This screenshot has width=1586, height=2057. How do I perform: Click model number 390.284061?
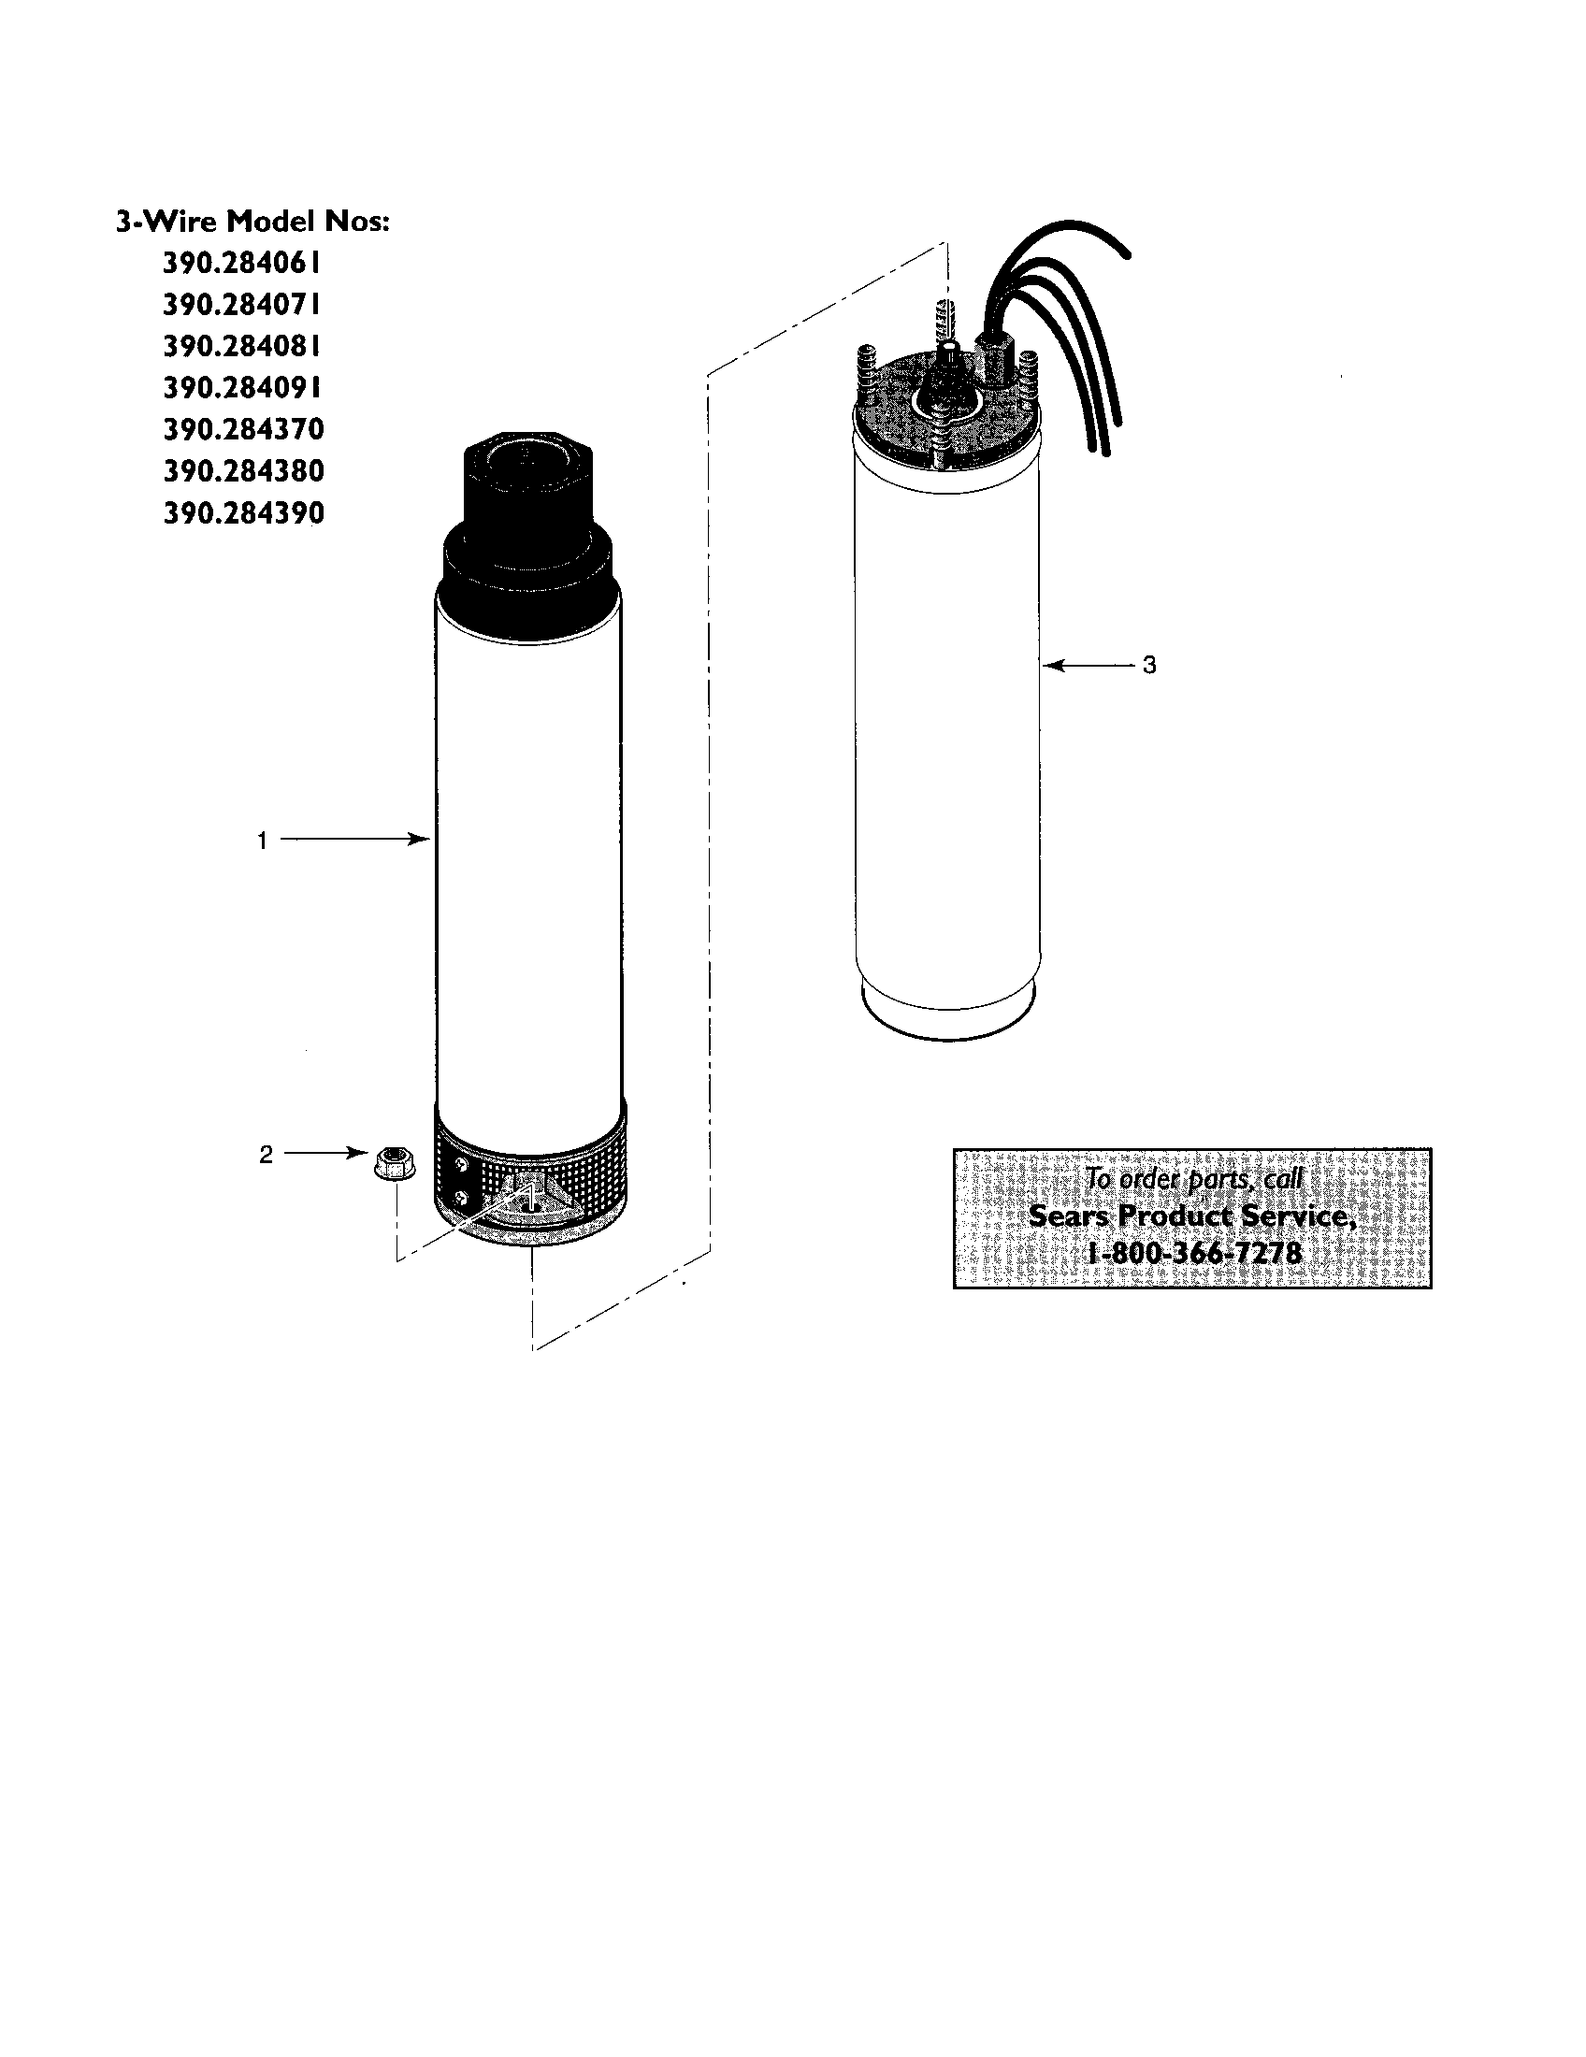tap(242, 263)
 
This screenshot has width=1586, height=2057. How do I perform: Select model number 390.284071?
tap(242, 304)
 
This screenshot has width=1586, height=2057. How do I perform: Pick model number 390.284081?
tap(242, 347)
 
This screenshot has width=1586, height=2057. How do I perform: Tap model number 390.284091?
tap(242, 388)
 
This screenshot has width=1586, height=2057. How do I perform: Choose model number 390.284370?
tap(243, 429)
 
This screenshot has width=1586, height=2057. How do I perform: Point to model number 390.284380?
tap(243, 471)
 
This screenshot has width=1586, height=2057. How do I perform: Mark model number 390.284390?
tap(243, 513)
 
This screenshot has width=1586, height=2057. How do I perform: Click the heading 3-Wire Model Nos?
tap(252, 222)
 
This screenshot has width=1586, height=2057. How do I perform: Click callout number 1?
tap(263, 841)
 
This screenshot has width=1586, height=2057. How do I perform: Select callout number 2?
tap(266, 1155)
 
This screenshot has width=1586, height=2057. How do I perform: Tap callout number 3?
tap(1149, 666)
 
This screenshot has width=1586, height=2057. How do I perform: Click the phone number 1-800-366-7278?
tap(1194, 1254)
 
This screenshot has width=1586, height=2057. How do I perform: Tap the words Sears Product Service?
tap(1192, 1215)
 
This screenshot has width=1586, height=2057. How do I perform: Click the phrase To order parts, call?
tap(1194, 1178)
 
